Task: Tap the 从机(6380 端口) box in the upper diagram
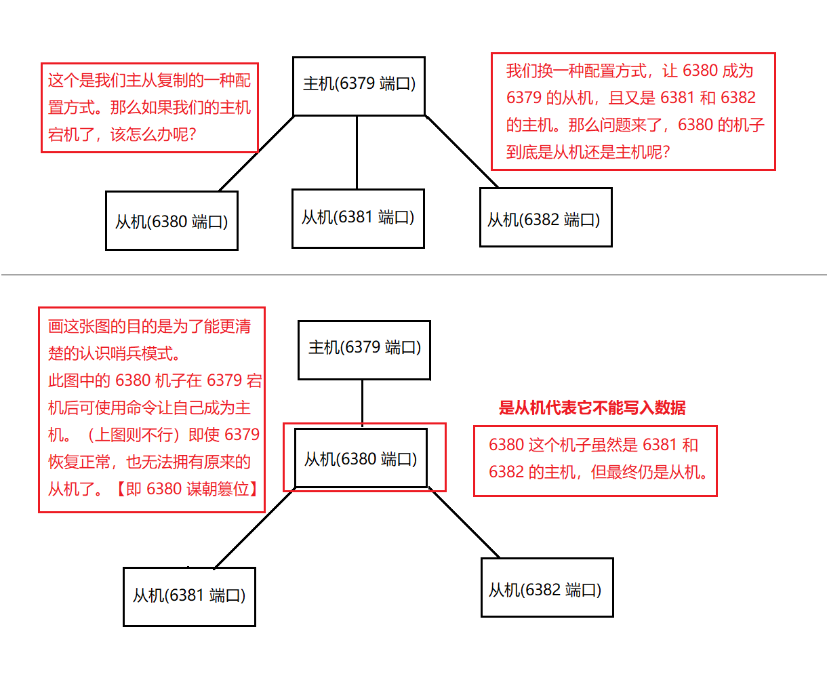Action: pyautogui.click(x=172, y=221)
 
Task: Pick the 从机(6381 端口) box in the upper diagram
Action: pyautogui.click(x=358, y=218)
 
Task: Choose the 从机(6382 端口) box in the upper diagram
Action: pyautogui.click(x=546, y=218)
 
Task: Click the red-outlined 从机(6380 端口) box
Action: pyautogui.click(x=361, y=458)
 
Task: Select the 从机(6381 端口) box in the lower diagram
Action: pyautogui.click(x=189, y=597)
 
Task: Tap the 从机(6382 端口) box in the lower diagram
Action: pyautogui.click(x=547, y=588)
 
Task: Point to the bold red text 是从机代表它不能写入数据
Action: pyautogui.click(x=592, y=407)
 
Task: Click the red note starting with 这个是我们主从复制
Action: pyautogui.click(x=149, y=108)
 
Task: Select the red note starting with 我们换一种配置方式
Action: pyautogui.click(x=632, y=111)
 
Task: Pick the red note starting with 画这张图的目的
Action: pyautogui.click(x=151, y=409)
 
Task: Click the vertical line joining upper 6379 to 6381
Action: pyautogui.click(x=357, y=153)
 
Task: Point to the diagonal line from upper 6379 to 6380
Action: pyautogui.click(x=256, y=154)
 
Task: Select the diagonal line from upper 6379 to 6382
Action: pyautogui.click(x=462, y=152)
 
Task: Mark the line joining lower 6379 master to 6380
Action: pyautogui.click(x=362, y=403)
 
